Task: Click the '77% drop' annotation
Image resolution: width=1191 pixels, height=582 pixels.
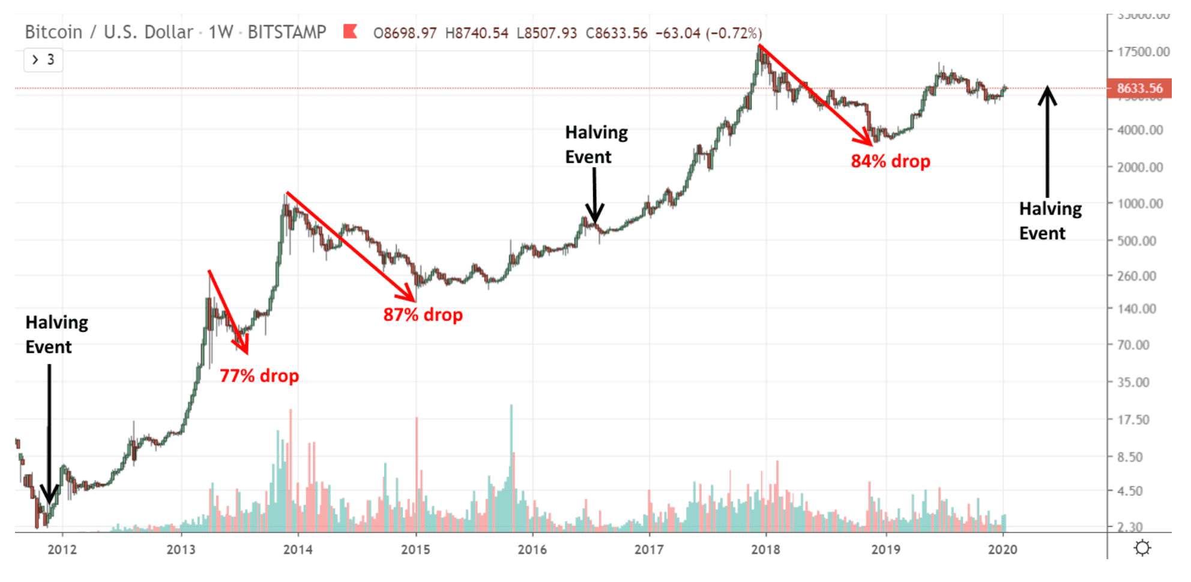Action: point(259,376)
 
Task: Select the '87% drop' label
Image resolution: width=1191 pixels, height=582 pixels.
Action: point(423,315)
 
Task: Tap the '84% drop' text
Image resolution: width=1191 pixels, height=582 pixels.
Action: point(890,161)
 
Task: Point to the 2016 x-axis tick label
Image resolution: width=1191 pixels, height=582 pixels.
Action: point(532,550)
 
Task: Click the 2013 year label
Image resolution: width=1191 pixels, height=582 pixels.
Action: point(181,550)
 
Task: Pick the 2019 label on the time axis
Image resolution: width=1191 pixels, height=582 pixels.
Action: point(885,550)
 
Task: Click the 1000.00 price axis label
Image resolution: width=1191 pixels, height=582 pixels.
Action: point(1140,204)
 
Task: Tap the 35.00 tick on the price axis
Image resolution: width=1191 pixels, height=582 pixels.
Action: point(1133,382)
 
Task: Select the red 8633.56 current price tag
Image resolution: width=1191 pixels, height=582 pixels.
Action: point(1139,89)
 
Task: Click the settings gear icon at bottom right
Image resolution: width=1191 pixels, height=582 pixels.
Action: point(1142,548)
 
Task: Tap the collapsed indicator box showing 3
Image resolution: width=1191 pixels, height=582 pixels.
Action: point(43,60)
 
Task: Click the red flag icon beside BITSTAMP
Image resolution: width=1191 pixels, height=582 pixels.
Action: point(350,31)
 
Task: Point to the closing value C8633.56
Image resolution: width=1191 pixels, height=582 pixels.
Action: point(617,33)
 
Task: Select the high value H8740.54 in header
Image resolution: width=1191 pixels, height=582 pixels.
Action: point(477,33)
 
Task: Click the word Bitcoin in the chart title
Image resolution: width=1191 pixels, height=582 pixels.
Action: point(53,32)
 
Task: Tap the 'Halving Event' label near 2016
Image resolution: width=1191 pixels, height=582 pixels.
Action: point(596,145)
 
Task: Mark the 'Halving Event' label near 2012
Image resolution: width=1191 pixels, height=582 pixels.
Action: point(56,335)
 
